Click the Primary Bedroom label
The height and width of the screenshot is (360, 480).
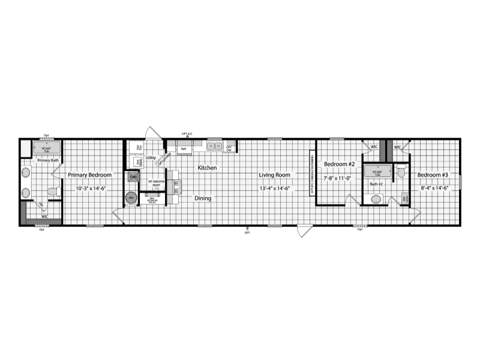pos(90,175)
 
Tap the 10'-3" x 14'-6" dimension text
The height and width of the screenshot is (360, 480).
pos(90,189)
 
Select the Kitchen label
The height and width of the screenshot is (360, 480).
pos(208,168)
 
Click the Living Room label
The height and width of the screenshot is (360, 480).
pos(275,175)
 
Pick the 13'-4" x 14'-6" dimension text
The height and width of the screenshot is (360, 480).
pos(275,189)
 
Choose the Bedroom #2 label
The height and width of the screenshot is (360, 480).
pos(340,164)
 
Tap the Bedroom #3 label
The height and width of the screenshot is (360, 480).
pos(433,175)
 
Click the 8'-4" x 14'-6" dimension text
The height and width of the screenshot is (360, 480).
pos(433,189)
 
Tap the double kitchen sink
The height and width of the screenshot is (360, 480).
pos(215,146)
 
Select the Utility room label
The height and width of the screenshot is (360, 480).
pos(151,158)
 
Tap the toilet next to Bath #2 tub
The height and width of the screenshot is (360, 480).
pos(401,173)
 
